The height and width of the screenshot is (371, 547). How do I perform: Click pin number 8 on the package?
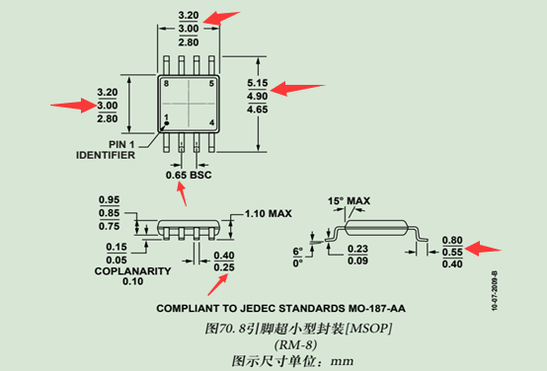pyautogui.click(x=167, y=84)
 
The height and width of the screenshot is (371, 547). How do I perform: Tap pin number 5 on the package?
pyautogui.click(x=211, y=84)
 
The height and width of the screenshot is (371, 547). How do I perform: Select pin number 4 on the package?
pyautogui.click(x=211, y=122)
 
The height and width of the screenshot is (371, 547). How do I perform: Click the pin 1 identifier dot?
pyautogui.click(x=167, y=124)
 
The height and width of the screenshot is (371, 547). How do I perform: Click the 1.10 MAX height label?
pyautogui.click(x=268, y=213)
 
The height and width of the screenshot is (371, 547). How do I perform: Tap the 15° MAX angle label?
pyautogui.click(x=349, y=201)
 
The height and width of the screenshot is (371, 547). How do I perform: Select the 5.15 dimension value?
pyautogui.click(x=257, y=82)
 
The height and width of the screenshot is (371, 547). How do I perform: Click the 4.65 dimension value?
pyautogui.click(x=257, y=110)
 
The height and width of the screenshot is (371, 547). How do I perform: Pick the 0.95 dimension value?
pyautogui.click(x=110, y=199)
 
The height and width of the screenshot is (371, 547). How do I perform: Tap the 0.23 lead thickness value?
pyautogui.click(x=358, y=249)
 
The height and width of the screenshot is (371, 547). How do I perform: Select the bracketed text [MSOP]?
pyautogui.click(x=370, y=327)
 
